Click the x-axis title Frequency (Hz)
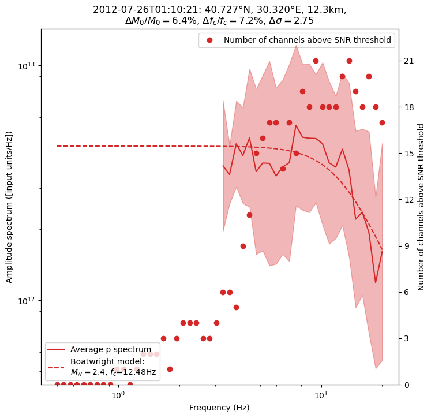coord(219,408)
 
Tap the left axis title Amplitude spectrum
coord(9,207)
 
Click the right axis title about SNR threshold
coord(421,207)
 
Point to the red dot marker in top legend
coord(209,40)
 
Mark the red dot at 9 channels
coord(243,246)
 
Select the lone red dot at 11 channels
coord(249,215)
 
